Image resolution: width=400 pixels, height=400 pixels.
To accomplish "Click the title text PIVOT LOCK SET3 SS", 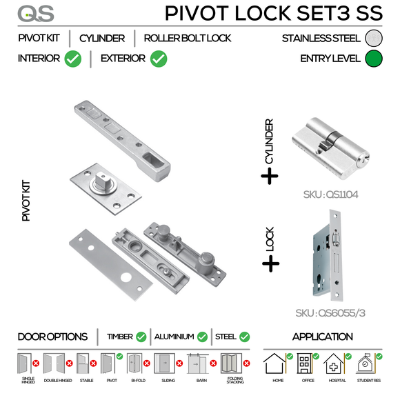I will [268, 13].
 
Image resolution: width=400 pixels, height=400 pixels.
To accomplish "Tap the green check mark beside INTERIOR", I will [72, 59].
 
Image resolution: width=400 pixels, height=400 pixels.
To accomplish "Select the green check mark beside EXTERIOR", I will [159, 59].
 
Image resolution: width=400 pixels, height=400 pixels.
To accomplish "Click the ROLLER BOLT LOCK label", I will [188, 39].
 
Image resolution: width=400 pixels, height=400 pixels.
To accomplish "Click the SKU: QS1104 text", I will [330, 194].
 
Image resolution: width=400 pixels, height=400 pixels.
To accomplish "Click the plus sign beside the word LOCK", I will [270, 263].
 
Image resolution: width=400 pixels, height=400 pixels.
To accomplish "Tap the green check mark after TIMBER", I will [141, 337].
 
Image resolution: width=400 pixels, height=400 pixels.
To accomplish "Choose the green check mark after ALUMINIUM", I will [201, 337].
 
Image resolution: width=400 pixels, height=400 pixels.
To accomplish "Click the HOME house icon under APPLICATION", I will [276, 363].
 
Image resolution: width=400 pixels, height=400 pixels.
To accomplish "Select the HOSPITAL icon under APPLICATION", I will [335, 364].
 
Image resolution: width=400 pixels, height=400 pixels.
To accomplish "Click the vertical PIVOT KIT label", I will [26, 201].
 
